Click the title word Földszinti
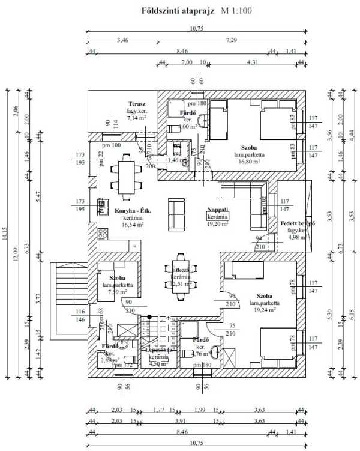point(161,11)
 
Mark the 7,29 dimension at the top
point(231,40)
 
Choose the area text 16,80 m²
point(250,162)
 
